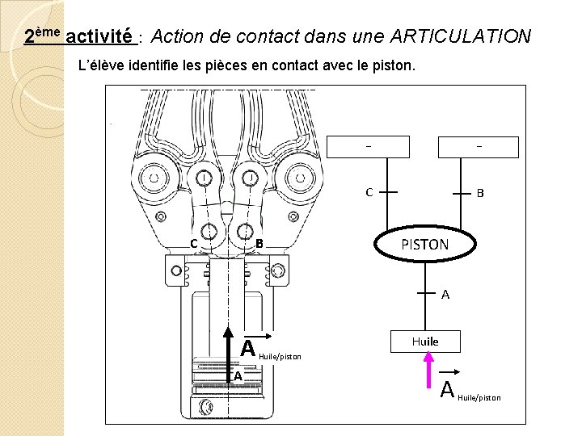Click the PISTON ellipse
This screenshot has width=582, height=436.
425,244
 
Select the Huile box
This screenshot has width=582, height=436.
425,342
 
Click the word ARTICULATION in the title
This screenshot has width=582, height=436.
460,36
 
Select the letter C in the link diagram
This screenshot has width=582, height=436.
369,193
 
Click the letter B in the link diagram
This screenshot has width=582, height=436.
479,194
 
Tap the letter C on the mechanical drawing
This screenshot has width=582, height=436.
194,244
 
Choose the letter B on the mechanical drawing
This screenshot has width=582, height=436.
259,244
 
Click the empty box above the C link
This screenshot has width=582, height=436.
368,146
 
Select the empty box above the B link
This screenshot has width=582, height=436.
479,146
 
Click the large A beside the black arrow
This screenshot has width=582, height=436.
248,347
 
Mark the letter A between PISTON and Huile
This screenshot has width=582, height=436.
445,295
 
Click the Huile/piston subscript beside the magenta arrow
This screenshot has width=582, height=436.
479,397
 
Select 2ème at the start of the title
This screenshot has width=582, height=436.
42,36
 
